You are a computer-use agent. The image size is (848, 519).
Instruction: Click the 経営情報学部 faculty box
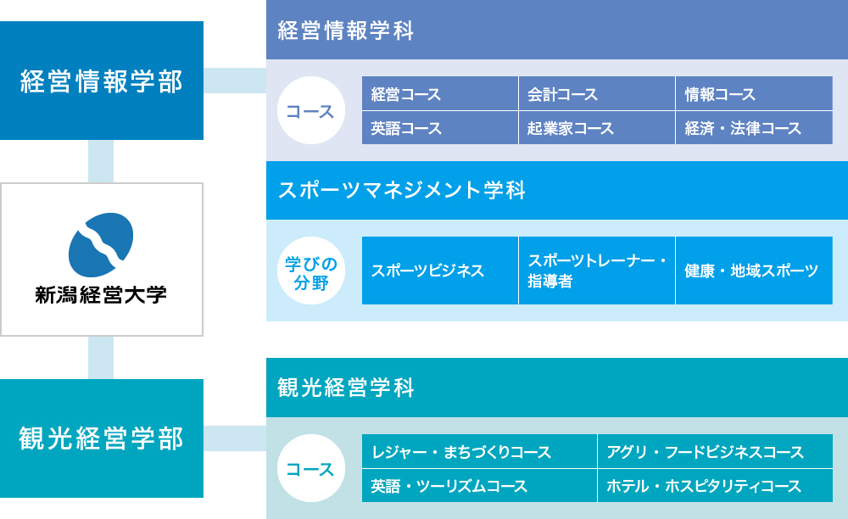tap(102, 81)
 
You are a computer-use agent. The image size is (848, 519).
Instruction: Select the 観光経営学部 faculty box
tap(102, 438)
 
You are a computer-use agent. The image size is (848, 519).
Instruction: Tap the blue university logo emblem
tap(101, 245)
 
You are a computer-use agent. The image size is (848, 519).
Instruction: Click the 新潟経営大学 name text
tap(101, 294)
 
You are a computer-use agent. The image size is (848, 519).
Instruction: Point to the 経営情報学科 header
tap(557, 30)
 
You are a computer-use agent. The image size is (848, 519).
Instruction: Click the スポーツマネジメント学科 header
tap(557, 190)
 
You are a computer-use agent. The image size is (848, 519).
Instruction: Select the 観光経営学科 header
tap(557, 387)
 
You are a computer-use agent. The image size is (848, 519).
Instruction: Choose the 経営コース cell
tap(439, 93)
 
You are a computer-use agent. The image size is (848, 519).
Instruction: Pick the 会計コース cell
tap(596, 93)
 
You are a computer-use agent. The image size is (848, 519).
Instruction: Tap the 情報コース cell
tap(754, 93)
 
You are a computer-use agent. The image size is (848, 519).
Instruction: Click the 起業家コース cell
tap(596, 127)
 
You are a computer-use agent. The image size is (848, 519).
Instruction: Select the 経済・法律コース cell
tap(754, 127)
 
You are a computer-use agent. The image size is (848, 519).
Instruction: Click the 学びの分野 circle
tap(311, 271)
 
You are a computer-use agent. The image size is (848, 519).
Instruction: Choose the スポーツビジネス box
tap(439, 271)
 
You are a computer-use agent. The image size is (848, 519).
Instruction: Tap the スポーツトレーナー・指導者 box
tap(596, 271)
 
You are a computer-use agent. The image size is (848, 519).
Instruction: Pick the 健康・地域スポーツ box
tap(754, 271)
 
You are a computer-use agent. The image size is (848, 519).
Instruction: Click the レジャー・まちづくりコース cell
tap(479, 451)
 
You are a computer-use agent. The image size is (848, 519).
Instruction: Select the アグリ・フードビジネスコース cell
tap(715, 451)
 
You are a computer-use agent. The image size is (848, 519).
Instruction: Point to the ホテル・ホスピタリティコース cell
tap(715, 485)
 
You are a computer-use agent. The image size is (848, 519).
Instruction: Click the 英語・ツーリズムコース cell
tap(479, 485)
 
